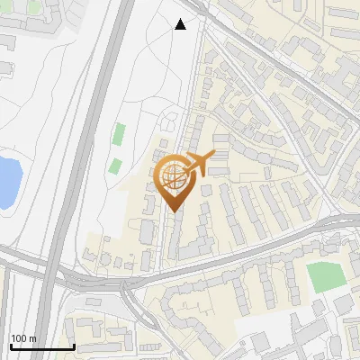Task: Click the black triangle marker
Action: click(181, 24)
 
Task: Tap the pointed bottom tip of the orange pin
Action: click(173, 211)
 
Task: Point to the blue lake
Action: click(7, 180)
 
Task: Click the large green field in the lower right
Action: click(326, 277)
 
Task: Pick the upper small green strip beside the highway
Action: click(119, 134)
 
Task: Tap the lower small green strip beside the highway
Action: click(115, 166)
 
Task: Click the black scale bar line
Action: click(40, 346)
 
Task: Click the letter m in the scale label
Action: click(33, 338)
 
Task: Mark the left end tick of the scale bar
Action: click(9, 345)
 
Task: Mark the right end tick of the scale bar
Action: click(73, 345)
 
